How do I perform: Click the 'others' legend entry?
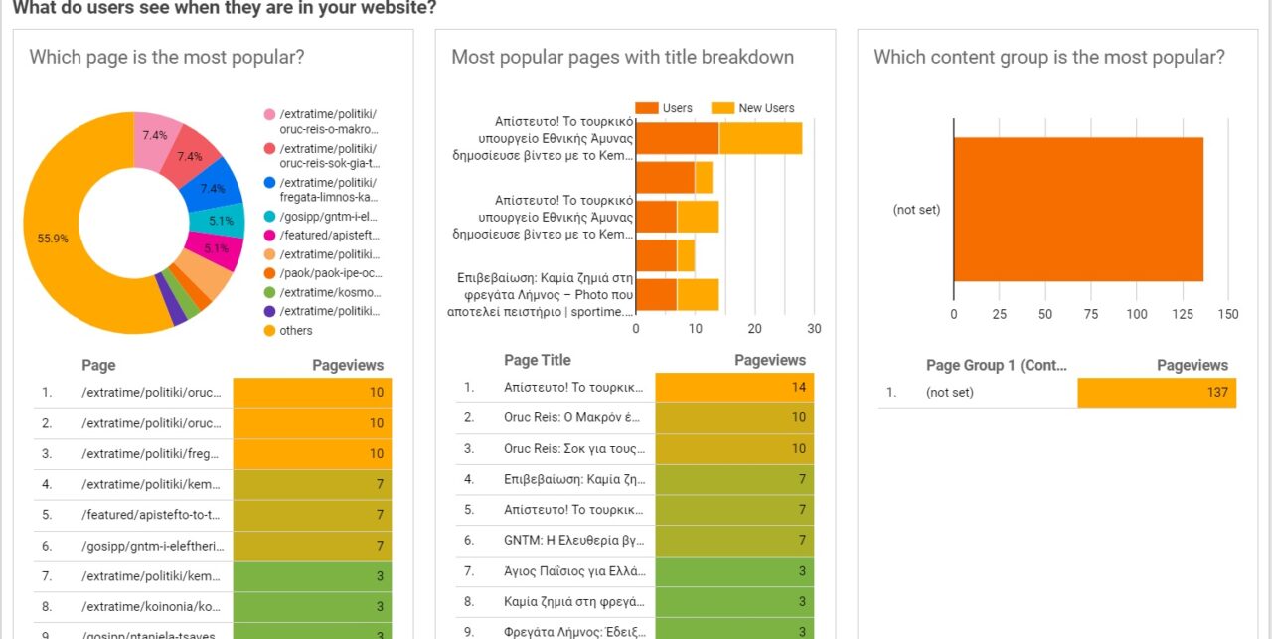tap(296, 331)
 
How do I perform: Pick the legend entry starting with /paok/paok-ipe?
tap(331, 273)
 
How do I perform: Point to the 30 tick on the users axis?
tap(814, 329)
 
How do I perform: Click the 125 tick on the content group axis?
tap(1182, 315)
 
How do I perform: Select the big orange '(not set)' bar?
tap(1078, 210)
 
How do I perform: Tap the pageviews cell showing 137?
tap(1157, 393)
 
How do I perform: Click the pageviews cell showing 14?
tap(734, 387)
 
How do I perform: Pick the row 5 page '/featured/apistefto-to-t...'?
tap(152, 516)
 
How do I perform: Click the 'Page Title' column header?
tap(537, 360)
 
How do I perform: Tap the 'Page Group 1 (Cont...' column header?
tap(997, 365)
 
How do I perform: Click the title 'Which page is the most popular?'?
tap(167, 57)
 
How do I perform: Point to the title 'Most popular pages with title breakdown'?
tap(622, 57)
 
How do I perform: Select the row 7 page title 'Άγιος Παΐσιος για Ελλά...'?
tap(574, 572)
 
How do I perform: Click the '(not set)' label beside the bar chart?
tap(916, 210)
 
